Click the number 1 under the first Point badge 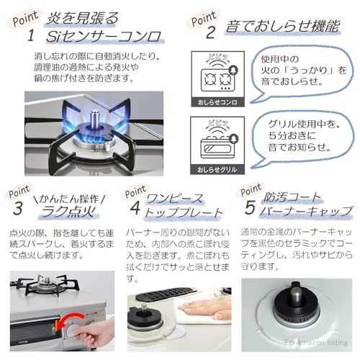(x=31, y=35)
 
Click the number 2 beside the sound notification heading (x=211, y=31)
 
